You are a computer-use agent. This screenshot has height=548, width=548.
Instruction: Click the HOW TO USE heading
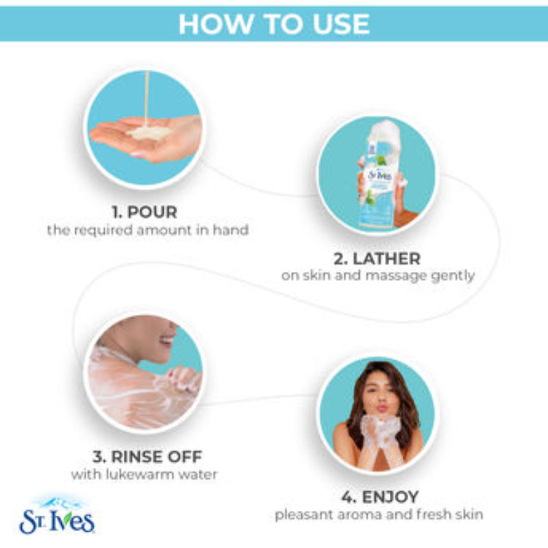(274, 24)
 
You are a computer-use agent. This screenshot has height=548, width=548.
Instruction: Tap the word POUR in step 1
(152, 212)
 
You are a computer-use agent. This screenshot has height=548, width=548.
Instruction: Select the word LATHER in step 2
(386, 259)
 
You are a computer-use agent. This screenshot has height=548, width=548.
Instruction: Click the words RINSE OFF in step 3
(157, 456)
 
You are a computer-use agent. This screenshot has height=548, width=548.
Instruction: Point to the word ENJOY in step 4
(390, 497)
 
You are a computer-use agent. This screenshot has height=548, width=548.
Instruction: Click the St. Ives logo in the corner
(57, 516)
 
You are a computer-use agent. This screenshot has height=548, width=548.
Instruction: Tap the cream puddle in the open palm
(149, 133)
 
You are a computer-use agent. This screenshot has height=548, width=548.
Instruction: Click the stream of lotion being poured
(147, 99)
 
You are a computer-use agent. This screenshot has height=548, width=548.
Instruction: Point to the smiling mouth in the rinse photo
(167, 340)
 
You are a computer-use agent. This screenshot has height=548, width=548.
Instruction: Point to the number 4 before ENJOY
(348, 497)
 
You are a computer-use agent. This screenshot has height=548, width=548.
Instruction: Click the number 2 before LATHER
(340, 259)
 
